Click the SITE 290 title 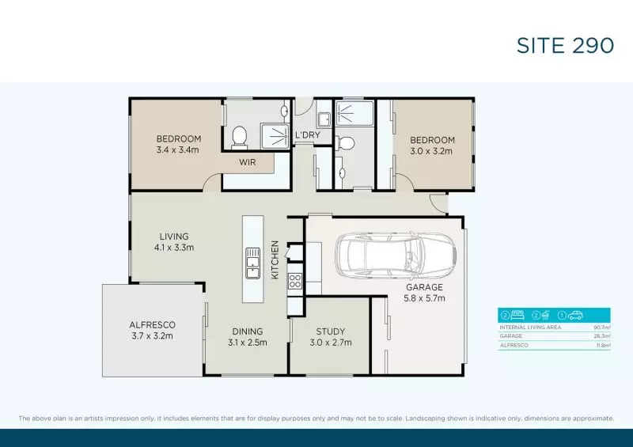565,46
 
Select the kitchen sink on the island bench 253,263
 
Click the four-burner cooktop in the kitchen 294,280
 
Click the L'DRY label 307,135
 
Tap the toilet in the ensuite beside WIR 241,137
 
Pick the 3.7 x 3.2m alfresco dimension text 152,335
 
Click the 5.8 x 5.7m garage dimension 425,298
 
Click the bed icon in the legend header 517,315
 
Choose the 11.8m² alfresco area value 602,346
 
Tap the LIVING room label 173,236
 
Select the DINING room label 248,331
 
